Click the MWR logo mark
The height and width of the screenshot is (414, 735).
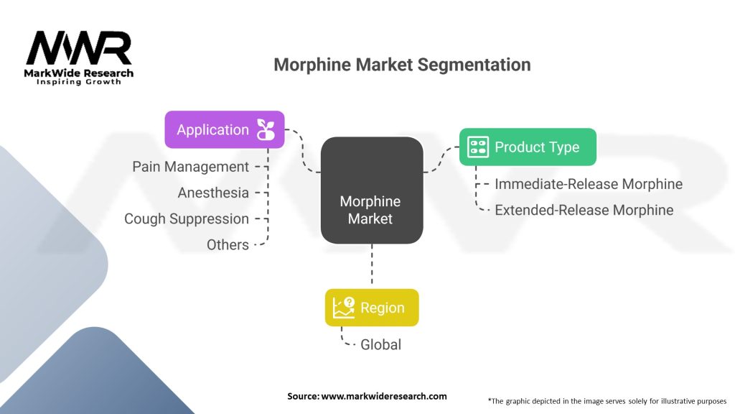[x=79, y=48]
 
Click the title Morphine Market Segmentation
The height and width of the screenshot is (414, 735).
[x=402, y=65]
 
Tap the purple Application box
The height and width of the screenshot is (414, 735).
[x=225, y=129]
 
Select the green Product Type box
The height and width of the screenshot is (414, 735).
[x=528, y=147]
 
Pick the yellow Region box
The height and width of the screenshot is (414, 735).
[x=372, y=308]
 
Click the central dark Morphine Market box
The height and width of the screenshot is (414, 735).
[x=372, y=190]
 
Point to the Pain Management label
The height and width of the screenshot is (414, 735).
[x=190, y=167]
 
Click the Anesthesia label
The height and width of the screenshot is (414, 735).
[x=213, y=193]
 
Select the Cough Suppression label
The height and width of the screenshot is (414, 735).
[x=187, y=218]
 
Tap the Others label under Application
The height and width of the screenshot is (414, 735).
[x=228, y=244]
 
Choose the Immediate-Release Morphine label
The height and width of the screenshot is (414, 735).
[x=589, y=184]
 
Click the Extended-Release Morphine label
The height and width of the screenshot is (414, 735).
[x=584, y=210]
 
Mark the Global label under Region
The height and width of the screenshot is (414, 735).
[x=380, y=344]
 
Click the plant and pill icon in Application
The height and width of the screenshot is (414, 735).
[x=266, y=129]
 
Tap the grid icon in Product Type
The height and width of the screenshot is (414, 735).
[x=478, y=147]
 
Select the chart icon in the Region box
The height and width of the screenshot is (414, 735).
[x=344, y=308]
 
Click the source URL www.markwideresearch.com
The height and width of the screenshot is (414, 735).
[x=384, y=396]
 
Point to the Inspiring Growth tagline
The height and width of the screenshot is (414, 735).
[x=79, y=82]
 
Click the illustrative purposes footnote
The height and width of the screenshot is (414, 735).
[x=607, y=401]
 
